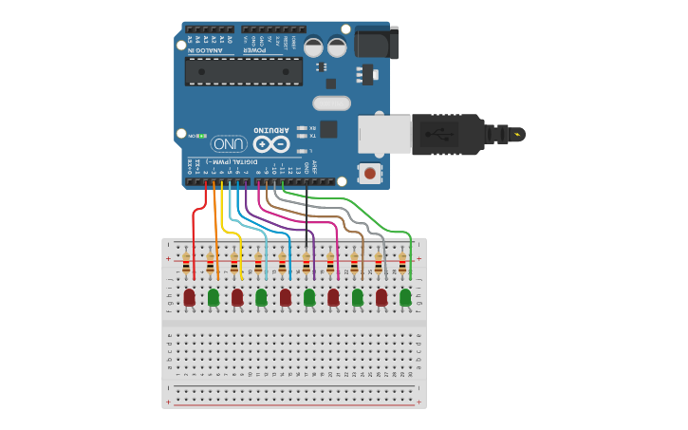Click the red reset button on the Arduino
click(x=369, y=173)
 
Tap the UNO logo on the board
click(x=229, y=143)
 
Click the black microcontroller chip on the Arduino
click(x=244, y=70)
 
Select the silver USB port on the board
click(x=383, y=134)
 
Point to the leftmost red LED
click(x=189, y=297)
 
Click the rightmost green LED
click(x=405, y=297)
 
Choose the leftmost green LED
click(x=214, y=297)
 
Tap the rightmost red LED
click(x=381, y=297)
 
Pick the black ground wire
click(x=307, y=218)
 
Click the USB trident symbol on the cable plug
click(x=439, y=134)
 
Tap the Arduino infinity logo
click(x=270, y=144)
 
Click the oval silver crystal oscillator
click(x=331, y=103)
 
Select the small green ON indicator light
click(x=202, y=136)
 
